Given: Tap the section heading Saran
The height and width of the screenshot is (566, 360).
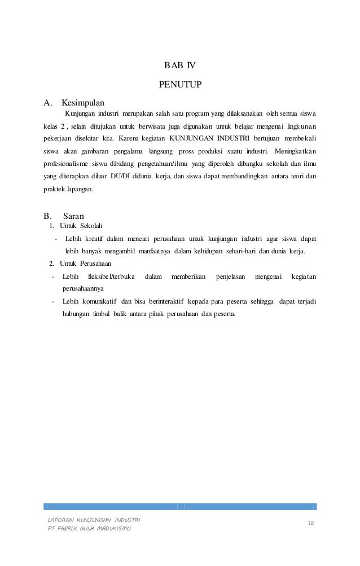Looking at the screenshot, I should [x=74, y=215].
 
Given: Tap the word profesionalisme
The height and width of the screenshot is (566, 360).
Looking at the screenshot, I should [x=67, y=164].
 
